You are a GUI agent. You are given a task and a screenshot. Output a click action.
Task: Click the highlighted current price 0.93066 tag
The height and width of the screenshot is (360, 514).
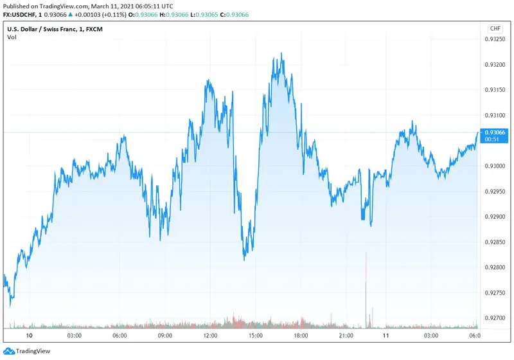(495, 132)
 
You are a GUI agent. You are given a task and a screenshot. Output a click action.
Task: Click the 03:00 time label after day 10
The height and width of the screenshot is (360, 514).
(74, 336)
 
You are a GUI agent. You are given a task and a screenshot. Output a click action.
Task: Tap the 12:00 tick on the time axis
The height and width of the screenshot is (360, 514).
(210, 336)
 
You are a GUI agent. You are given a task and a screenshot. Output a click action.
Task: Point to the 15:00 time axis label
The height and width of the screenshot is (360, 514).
(256, 336)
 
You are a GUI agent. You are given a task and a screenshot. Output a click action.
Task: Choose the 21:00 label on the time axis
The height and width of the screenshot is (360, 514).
(346, 336)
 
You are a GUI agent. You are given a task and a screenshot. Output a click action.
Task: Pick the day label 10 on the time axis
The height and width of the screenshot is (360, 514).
(29, 336)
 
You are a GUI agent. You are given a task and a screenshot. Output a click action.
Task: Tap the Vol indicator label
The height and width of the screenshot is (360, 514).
(12, 37)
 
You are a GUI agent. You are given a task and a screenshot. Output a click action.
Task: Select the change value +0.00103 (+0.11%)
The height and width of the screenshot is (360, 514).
(107, 14)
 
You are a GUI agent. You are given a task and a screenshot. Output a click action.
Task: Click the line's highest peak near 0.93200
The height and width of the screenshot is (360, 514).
(281, 55)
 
